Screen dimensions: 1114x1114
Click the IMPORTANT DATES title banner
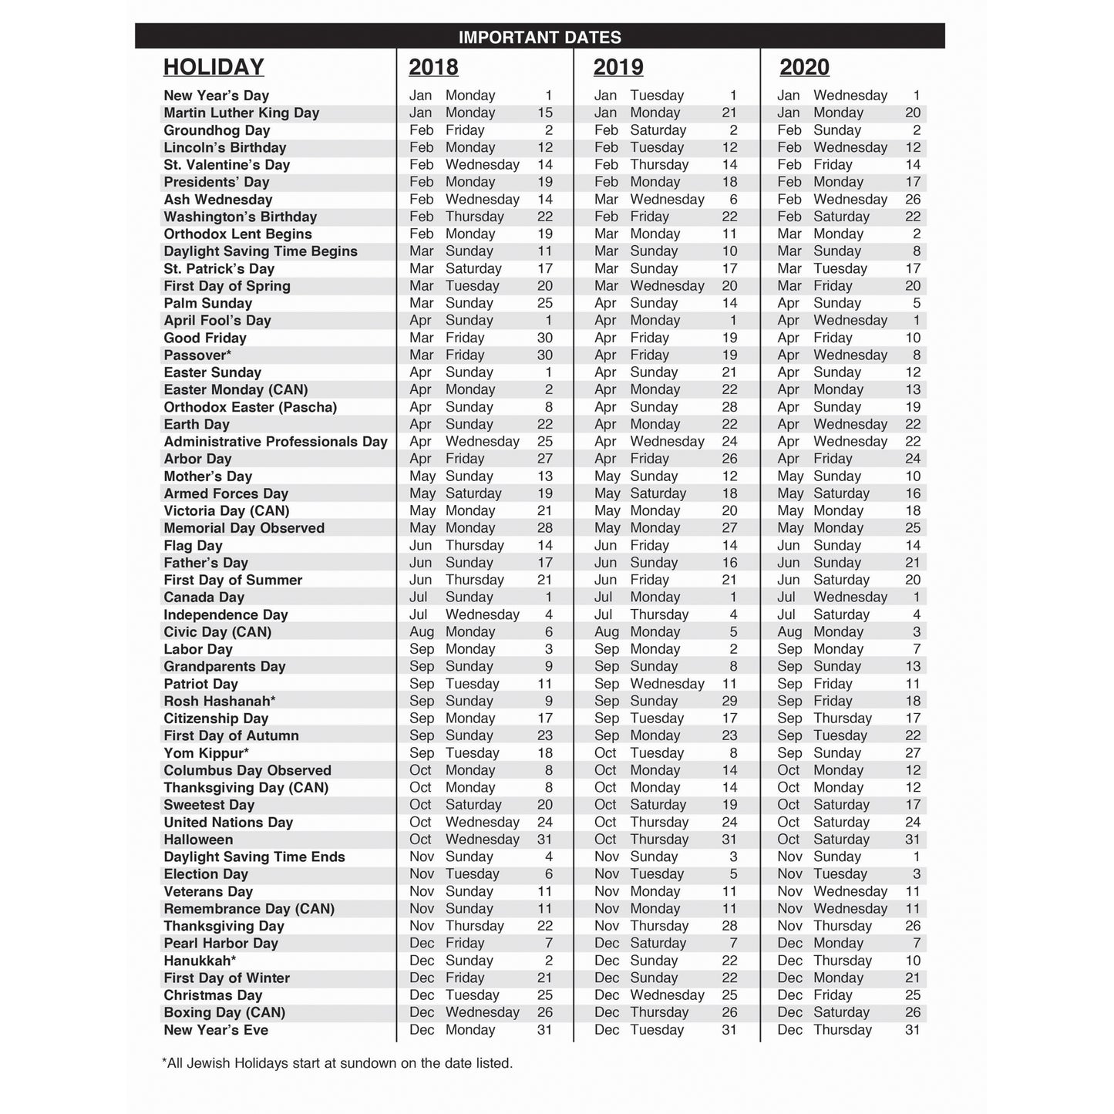pyautogui.click(x=540, y=37)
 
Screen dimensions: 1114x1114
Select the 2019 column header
pyautogui.click(x=618, y=68)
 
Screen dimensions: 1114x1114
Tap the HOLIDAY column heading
pyautogui.click(x=214, y=68)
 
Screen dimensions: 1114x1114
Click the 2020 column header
pyautogui.click(x=804, y=68)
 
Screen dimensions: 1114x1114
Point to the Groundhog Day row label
pyautogui.click(x=217, y=130)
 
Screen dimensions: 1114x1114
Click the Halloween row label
pyautogui.click(x=198, y=840)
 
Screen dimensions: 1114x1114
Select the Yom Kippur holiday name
pyautogui.click(x=206, y=753)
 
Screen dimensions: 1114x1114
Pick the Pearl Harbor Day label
pyautogui.click(x=220, y=944)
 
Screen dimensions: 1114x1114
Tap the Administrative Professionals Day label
pyautogui.click(x=275, y=442)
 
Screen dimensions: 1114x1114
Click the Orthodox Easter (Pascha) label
pyautogui.click(x=251, y=407)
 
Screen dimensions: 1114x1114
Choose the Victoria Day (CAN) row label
pyautogui.click(x=227, y=511)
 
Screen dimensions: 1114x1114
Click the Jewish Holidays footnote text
pyautogui.click(x=337, y=1063)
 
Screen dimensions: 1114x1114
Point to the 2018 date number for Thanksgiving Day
pyautogui.click(x=544, y=926)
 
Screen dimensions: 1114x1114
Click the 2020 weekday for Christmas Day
pyautogui.click(x=833, y=995)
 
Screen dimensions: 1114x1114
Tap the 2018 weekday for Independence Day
pyautogui.click(x=482, y=614)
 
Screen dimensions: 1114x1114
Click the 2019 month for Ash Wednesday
pyautogui.click(x=606, y=200)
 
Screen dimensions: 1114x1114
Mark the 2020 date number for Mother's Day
pyautogui.click(x=913, y=476)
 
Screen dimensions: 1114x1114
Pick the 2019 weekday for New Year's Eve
pyautogui.click(x=657, y=1030)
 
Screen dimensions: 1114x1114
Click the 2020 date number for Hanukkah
pyautogui.click(x=913, y=961)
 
